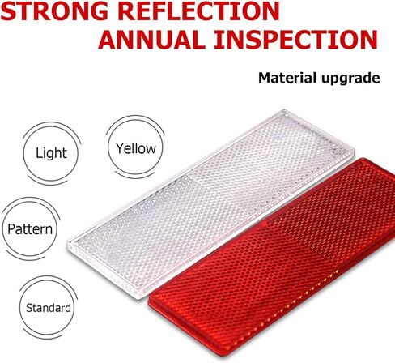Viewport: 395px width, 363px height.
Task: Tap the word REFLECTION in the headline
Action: [x=198, y=11]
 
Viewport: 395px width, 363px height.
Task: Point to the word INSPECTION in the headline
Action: [x=296, y=40]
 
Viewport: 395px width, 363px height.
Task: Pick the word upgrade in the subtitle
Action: [x=350, y=79]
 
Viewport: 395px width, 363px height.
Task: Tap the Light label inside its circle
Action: [x=51, y=153]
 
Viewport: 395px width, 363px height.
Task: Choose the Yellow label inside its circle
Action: [x=136, y=148]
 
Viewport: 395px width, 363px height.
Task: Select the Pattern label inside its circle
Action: [x=30, y=229]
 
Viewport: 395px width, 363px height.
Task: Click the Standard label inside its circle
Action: [x=49, y=308]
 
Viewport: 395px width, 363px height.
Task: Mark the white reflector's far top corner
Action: [x=285, y=109]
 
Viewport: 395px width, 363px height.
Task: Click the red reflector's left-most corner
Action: [x=149, y=302]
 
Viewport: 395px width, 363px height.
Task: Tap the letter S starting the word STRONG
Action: [x=8, y=11]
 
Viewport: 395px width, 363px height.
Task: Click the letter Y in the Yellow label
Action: [x=120, y=148]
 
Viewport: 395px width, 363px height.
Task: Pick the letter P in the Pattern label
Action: [x=11, y=229]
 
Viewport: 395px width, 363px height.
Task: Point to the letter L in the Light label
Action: [x=39, y=153]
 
